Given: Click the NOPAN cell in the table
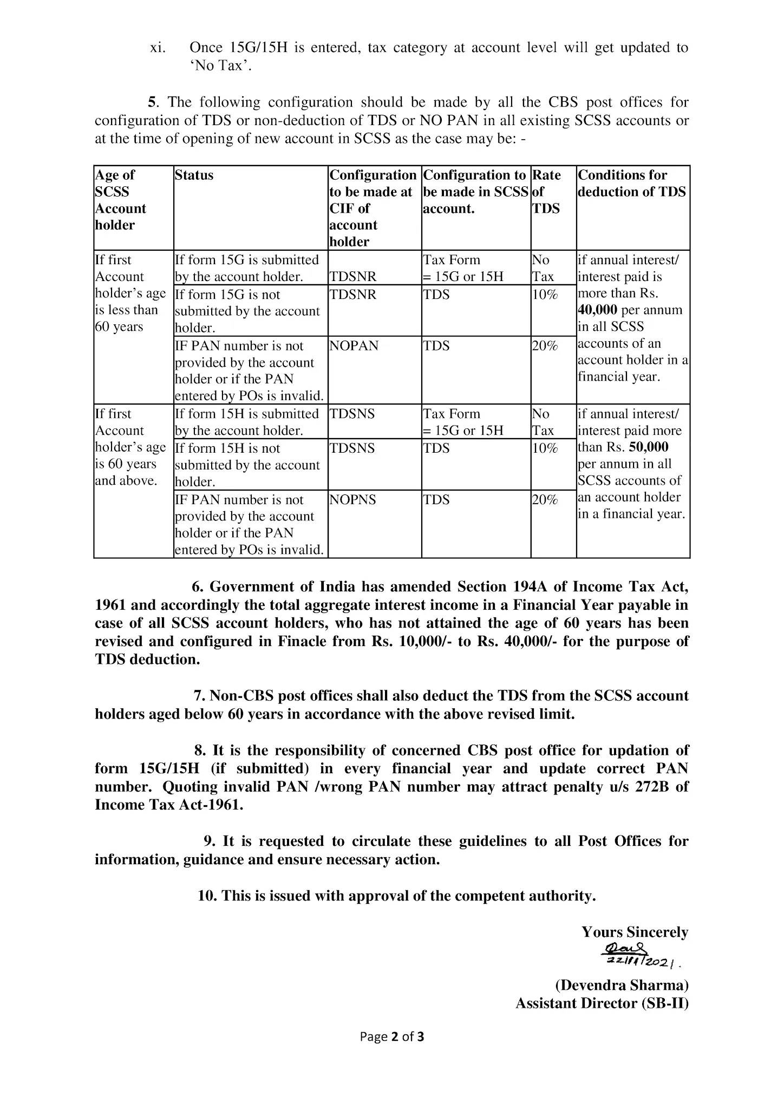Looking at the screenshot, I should [354, 346].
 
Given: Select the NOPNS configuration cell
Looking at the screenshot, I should [352, 500].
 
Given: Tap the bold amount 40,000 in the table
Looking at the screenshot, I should [598, 310].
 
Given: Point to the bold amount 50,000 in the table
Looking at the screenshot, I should [649, 447].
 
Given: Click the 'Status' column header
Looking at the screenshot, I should [194, 175].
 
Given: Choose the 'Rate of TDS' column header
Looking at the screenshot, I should [546, 192].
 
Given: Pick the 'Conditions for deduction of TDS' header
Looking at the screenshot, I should [632, 184].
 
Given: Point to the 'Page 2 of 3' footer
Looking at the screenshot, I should [392, 1052].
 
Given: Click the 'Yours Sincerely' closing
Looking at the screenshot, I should [635, 932].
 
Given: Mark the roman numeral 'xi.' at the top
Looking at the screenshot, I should [158, 48].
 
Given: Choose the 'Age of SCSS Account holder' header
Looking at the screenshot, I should [121, 200].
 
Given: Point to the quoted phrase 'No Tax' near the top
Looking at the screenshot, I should [220, 66].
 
